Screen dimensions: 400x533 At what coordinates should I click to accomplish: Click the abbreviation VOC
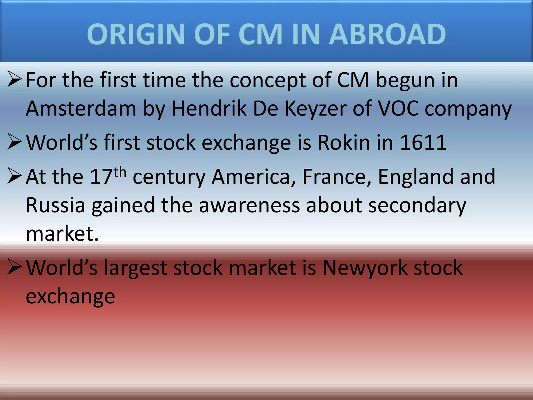click(x=398, y=109)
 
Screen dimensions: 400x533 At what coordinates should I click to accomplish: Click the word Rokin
click(x=344, y=143)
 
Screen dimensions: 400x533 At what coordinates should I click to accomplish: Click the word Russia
click(x=55, y=205)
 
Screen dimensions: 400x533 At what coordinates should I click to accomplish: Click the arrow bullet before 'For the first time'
click(x=15, y=79)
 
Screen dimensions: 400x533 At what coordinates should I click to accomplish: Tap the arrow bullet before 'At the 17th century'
click(x=15, y=176)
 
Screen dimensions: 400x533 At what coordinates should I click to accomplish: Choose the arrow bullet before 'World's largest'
click(x=15, y=267)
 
